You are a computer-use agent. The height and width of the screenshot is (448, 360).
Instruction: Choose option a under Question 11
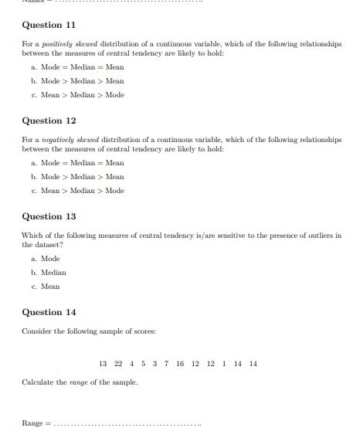click(x=78, y=67)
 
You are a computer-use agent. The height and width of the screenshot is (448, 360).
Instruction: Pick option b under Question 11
click(x=78, y=81)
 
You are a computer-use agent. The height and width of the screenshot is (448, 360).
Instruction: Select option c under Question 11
click(x=78, y=95)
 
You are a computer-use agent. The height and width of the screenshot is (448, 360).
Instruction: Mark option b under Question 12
click(x=78, y=177)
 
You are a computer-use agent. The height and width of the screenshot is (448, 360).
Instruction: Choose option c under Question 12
click(x=78, y=191)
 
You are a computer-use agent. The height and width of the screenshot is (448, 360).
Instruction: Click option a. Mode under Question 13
click(x=46, y=259)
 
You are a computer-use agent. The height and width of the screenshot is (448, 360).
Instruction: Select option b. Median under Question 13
click(x=49, y=273)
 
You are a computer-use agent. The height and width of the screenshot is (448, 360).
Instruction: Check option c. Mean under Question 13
click(x=46, y=287)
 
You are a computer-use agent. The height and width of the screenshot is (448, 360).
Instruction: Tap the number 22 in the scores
click(x=118, y=363)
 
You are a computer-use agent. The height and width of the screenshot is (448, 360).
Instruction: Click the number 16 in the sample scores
click(x=180, y=363)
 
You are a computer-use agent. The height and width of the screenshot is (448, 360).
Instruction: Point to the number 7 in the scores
click(x=166, y=363)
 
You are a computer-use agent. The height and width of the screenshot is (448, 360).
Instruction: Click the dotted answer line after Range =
click(x=127, y=425)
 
